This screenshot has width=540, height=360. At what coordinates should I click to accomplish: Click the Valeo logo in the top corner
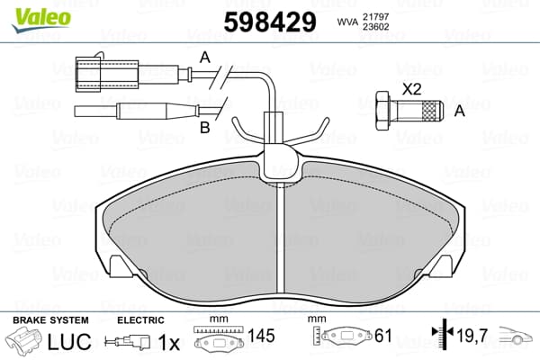[41, 20]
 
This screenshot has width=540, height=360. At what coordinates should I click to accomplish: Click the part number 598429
[270, 22]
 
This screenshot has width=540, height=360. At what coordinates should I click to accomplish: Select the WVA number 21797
[375, 16]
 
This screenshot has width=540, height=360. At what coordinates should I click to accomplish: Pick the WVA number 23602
[375, 27]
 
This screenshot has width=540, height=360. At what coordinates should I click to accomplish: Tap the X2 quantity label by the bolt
[412, 90]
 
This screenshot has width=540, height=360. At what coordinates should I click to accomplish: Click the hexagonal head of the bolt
[383, 111]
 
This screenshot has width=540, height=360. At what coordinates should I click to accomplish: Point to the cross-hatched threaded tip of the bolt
[432, 111]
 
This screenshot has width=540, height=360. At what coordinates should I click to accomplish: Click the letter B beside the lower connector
[205, 128]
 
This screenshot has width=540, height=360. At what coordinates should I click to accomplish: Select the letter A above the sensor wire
[205, 58]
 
